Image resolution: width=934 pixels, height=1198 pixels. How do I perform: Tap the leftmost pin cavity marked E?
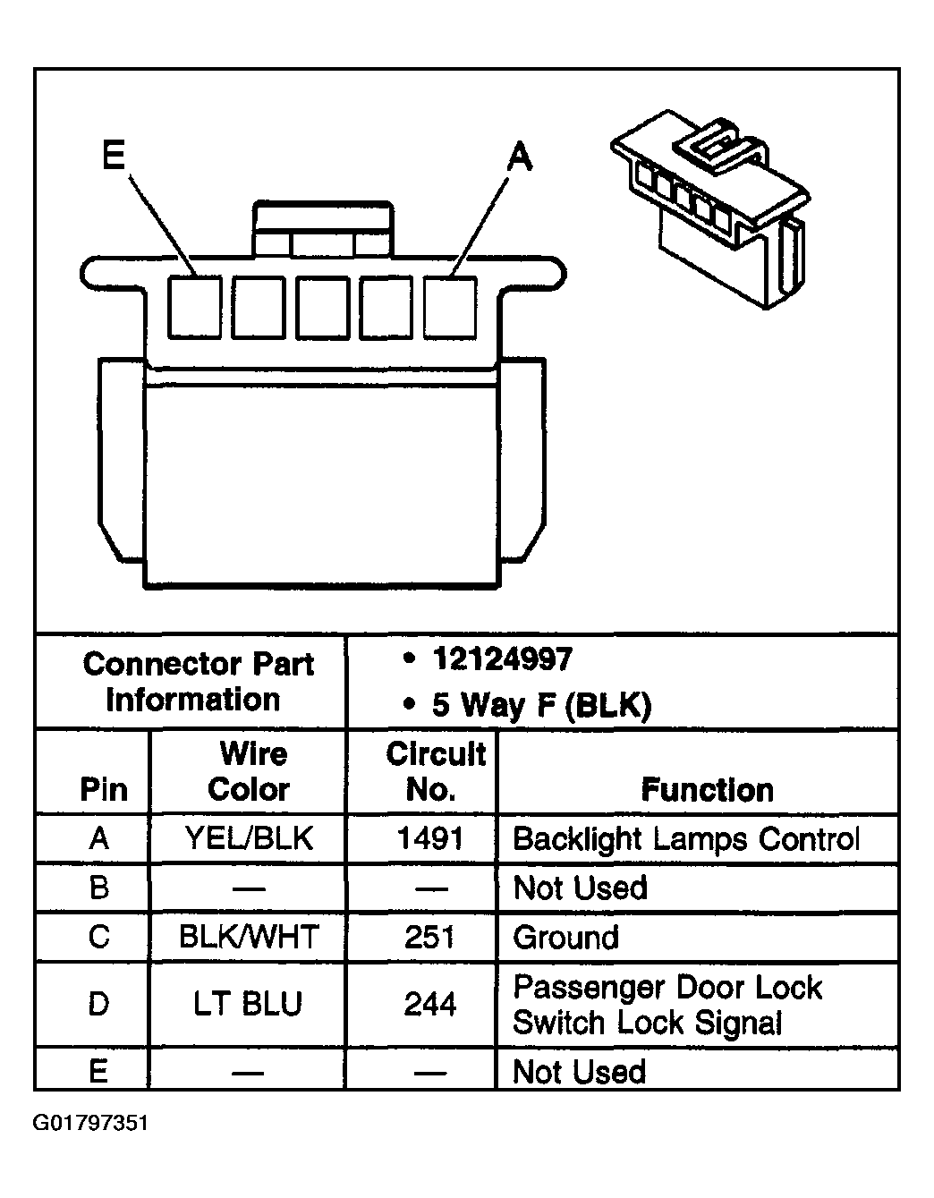click(195, 307)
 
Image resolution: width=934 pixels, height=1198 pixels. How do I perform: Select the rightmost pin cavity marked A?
click(450, 307)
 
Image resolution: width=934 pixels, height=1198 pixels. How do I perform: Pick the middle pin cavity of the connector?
click(322, 307)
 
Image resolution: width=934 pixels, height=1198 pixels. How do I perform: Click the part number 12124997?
click(501, 660)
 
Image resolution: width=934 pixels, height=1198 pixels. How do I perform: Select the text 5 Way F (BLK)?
click(541, 705)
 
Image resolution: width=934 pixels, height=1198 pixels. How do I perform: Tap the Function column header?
click(707, 790)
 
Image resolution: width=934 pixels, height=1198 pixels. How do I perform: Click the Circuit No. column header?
click(435, 771)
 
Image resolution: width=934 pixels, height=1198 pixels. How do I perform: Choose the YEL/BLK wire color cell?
click(249, 838)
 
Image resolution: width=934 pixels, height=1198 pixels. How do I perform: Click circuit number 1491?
click(430, 838)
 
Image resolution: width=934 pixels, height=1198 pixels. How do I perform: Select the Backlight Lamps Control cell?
click(686, 839)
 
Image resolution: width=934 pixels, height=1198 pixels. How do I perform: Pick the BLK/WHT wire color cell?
click(249, 937)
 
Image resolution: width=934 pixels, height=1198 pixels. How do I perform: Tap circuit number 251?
click(430, 937)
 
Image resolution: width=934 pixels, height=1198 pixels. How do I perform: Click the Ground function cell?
click(566, 938)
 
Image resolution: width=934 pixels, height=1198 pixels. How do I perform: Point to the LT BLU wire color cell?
click(249, 1004)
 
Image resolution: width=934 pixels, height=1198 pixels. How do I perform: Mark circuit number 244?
click(430, 1004)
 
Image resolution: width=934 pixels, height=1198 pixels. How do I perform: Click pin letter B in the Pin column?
click(99, 888)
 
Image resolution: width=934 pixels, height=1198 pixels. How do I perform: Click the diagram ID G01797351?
click(91, 1123)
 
